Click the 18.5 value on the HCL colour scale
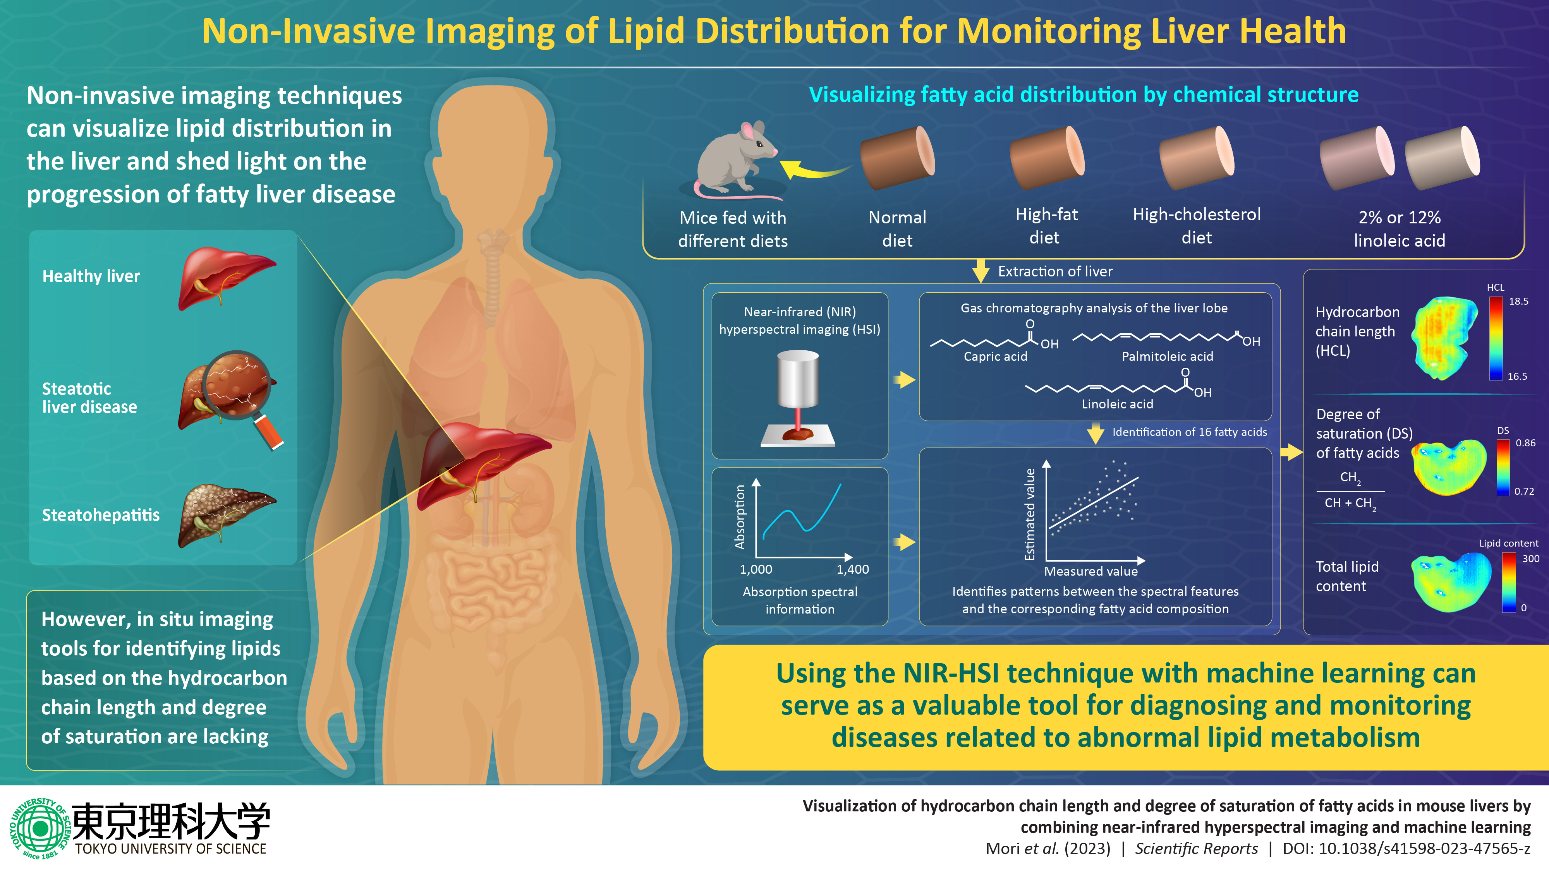(x=1518, y=301)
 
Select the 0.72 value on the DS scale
(x=1524, y=491)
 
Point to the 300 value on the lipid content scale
(x=1530, y=559)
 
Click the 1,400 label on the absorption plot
(x=853, y=569)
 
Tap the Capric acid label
(x=995, y=357)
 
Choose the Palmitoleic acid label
(x=1167, y=357)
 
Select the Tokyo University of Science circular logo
(x=39, y=828)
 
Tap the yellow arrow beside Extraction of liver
(x=981, y=271)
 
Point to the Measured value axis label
(x=1091, y=571)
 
